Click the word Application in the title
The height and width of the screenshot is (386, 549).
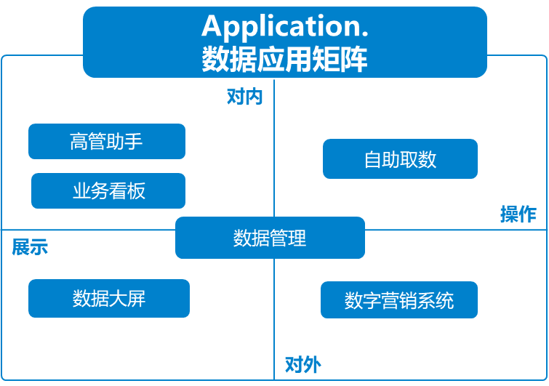(x=280, y=26)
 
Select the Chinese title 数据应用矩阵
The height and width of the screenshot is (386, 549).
(x=284, y=59)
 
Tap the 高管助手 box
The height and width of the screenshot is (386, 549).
(x=107, y=141)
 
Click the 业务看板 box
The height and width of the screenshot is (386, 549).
(x=108, y=191)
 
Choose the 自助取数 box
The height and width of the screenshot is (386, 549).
(x=400, y=159)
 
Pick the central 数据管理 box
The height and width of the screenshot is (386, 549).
(x=270, y=238)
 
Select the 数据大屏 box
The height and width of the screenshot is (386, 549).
(x=109, y=298)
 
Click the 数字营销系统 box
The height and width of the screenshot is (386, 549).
(x=399, y=300)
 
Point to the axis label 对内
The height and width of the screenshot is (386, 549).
(x=244, y=97)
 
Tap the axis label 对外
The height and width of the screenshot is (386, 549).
(x=302, y=363)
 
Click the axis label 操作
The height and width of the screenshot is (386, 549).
(x=518, y=214)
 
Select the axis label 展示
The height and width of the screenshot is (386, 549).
(x=30, y=247)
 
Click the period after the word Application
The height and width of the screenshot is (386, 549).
(x=364, y=33)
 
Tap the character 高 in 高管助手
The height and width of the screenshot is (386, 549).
(x=79, y=141)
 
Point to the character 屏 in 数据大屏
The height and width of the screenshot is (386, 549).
(x=137, y=298)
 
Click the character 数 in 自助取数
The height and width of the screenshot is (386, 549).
(x=428, y=159)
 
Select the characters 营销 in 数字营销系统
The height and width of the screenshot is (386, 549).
(x=399, y=300)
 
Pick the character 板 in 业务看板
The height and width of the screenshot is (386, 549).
(x=137, y=191)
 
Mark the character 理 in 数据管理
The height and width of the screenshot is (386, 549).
(x=297, y=238)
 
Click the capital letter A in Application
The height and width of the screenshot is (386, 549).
(x=212, y=26)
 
